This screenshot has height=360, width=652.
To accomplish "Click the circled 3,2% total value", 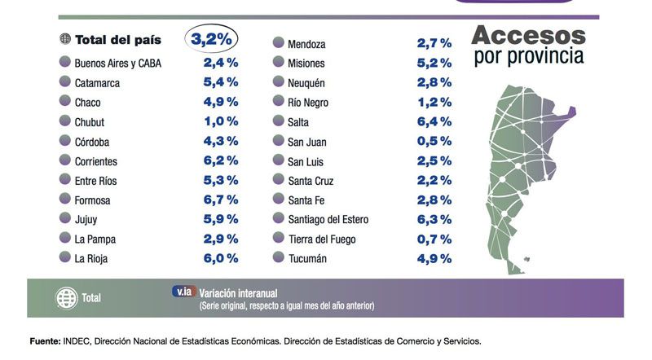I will pos(211,38).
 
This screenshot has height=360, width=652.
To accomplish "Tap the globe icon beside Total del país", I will pos(65,39).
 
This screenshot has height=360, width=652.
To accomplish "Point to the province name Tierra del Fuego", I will pos(329,239).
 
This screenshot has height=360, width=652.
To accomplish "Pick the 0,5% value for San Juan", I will pos(434,141).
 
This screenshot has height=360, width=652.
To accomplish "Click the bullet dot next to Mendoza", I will pos(278,43).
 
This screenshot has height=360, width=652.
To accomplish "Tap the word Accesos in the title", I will pos(528,35).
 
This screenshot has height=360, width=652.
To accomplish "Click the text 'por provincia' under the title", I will pos(528,57).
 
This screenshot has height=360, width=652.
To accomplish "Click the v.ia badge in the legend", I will pos(183,292).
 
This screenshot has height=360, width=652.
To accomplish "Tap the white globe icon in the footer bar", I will pos(66,298).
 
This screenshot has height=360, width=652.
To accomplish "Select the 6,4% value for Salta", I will pos(434,121).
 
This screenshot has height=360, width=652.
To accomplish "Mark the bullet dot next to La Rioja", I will pos(64,258).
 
